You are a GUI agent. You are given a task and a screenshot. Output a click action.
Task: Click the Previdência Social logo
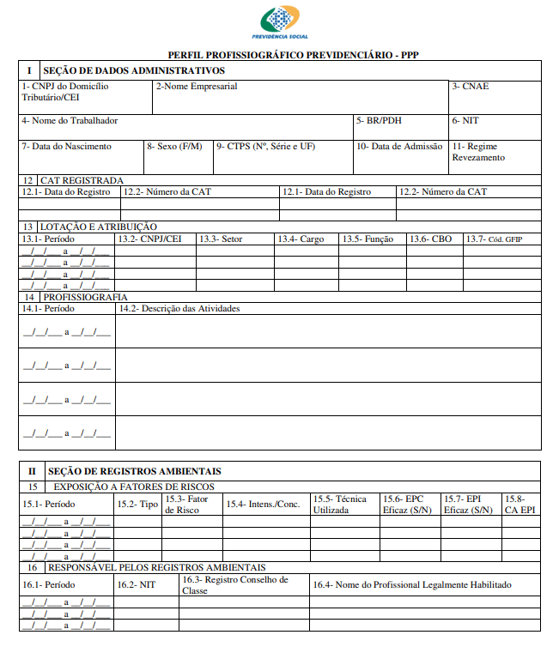[280, 22]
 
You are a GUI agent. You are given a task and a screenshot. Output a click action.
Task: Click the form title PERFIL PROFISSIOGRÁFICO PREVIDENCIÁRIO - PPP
[280, 55]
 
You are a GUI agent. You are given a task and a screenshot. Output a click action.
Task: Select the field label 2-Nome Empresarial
[197, 87]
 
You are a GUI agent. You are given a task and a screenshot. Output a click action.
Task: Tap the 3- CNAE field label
[471, 87]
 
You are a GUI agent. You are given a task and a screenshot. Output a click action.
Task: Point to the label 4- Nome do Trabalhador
[70, 121]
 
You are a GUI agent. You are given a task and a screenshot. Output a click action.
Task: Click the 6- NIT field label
[465, 121]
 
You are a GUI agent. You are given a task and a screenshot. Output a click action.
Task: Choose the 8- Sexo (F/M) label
[174, 147]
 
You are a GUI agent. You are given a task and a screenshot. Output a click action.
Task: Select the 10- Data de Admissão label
[399, 147]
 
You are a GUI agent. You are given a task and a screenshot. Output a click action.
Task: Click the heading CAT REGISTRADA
[82, 180]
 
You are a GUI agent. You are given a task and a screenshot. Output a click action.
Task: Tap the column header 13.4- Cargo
[301, 239]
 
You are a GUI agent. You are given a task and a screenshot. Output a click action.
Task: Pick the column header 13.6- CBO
[430, 239]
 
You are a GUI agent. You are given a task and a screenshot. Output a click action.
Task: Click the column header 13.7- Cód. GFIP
[494, 239]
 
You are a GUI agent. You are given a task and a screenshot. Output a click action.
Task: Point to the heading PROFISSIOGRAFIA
[86, 297]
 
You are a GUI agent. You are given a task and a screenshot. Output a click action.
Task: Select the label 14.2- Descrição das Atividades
[179, 308]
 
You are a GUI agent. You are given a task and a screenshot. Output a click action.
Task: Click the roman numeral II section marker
[32, 471]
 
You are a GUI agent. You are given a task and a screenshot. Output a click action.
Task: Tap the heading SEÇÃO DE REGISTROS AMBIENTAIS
[135, 471]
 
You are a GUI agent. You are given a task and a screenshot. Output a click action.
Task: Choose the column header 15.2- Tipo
[137, 504]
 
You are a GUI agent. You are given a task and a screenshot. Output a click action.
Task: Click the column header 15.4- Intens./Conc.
[264, 504]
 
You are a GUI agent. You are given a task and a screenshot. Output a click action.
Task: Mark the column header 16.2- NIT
[137, 584]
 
